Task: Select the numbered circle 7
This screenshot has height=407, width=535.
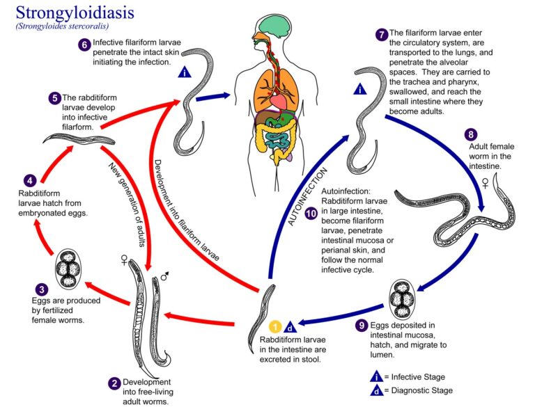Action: tap(380, 34)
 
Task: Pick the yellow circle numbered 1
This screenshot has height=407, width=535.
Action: tap(275, 326)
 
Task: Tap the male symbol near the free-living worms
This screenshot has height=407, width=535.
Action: tap(165, 277)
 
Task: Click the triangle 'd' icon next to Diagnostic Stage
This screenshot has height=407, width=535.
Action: tap(376, 390)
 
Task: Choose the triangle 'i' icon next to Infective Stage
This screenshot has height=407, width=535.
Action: tap(376, 376)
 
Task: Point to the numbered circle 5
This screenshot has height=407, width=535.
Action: tap(54, 98)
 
